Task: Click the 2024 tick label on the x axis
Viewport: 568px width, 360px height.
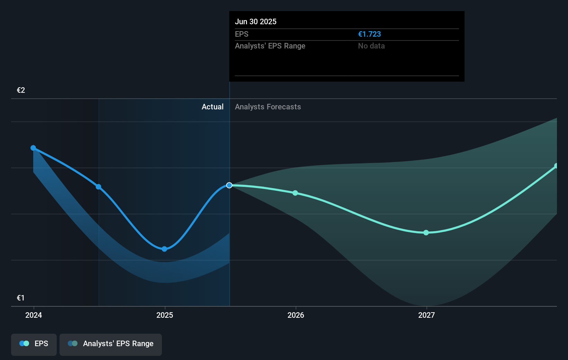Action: pos(34,315)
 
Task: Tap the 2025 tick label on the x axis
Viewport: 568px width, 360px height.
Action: pos(165,315)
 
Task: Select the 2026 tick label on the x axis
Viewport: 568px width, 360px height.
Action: pos(296,315)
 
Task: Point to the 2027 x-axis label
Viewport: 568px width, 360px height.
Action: pos(427,315)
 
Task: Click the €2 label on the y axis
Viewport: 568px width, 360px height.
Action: pos(21,90)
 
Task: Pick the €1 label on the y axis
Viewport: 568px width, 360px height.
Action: pos(21,298)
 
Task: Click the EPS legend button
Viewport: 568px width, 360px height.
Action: pos(34,344)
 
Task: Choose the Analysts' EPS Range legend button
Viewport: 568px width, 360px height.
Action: pos(111,344)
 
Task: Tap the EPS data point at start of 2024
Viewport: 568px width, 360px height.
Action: pos(33,148)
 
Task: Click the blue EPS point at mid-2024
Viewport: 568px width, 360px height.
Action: pos(99,187)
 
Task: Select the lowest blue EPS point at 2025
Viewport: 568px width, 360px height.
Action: pos(164,249)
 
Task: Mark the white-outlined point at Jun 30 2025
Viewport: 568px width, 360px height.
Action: pos(229,186)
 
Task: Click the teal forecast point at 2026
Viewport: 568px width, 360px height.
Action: pos(295,193)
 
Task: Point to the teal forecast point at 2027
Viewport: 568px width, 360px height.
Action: pos(426,233)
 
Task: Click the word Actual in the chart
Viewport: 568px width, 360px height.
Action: pos(212,107)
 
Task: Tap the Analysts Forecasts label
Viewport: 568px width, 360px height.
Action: pos(268,107)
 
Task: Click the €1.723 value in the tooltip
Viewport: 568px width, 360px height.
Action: pos(369,34)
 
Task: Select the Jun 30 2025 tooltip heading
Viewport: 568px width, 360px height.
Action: pos(256,22)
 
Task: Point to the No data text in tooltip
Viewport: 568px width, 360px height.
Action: pos(371,46)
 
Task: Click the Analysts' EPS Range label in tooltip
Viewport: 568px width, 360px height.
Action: pos(270,46)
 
